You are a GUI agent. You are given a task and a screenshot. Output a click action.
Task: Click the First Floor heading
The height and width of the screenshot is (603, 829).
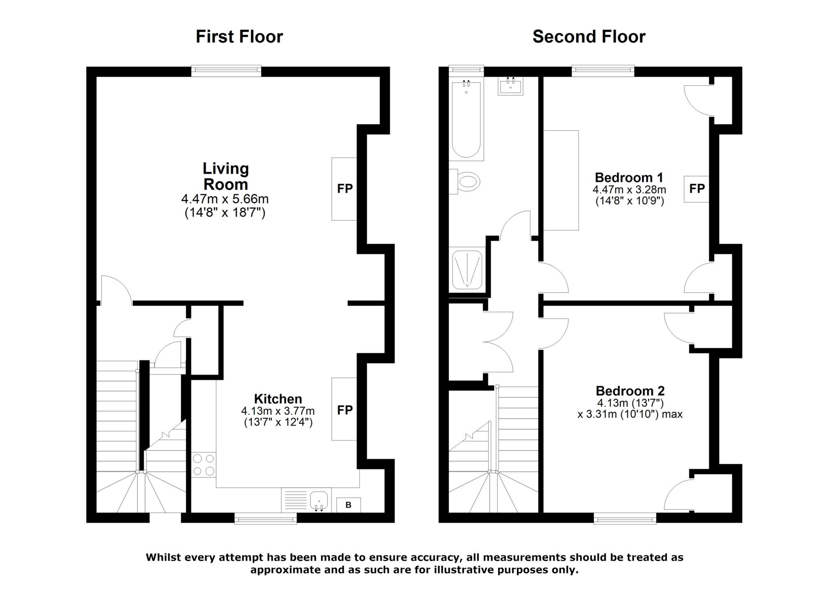click(x=239, y=36)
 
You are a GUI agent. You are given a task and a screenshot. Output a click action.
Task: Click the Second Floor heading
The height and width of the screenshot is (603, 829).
click(x=589, y=36)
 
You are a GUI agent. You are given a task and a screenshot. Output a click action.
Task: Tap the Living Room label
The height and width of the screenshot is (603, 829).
click(x=225, y=176)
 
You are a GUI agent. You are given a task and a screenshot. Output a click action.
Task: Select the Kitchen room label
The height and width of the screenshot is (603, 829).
click(x=278, y=398)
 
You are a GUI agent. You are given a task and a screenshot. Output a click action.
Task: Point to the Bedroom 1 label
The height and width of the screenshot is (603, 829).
click(x=629, y=177)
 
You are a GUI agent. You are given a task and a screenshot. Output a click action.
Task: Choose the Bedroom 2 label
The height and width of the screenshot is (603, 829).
click(x=630, y=391)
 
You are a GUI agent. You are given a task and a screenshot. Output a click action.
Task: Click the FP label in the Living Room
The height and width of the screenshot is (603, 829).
click(x=345, y=188)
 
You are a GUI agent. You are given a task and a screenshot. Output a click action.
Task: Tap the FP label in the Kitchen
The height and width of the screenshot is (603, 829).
click(x=345, y=410)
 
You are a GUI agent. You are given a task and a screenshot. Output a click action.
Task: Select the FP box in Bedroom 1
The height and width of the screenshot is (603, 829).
click(x=697, y=189)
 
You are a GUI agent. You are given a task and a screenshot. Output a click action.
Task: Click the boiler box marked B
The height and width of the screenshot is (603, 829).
click(x=349, y=505)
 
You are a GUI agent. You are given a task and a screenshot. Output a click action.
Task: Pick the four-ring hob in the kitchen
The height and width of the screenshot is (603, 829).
click(x=204, y=465)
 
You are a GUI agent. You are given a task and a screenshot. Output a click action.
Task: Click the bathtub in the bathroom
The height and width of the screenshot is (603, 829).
click(x=466, y=119)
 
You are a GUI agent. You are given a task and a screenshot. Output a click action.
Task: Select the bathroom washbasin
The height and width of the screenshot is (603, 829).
click(x=510, y=86)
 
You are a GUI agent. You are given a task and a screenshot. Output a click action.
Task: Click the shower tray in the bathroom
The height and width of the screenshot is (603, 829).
click(x=467, y=269)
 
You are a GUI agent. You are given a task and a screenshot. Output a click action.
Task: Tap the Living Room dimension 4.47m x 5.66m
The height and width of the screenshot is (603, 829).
click(x=225, y=199)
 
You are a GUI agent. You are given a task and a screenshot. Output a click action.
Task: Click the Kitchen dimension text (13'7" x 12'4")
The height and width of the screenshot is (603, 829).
click(x=278, y=422)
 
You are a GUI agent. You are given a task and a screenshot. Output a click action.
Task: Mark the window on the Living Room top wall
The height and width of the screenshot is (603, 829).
click(x=226, y=71)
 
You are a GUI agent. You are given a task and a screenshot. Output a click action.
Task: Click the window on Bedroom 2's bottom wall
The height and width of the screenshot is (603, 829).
click(x=625, y=518)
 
